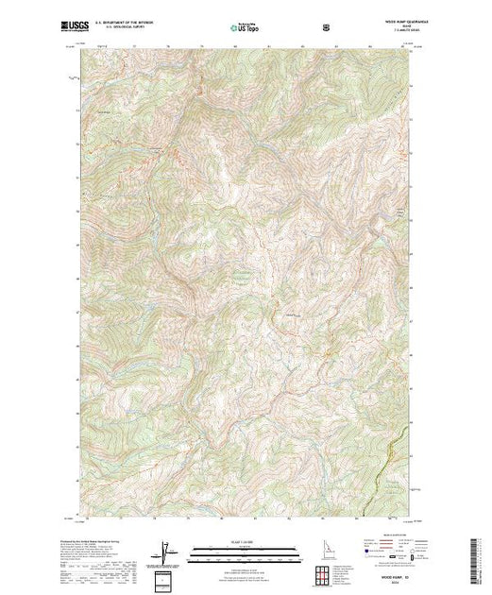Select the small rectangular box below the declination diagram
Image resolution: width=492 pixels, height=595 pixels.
pos(166,579)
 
